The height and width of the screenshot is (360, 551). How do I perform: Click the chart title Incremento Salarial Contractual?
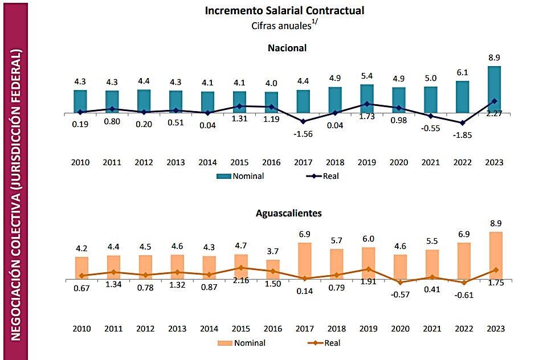(x=284, y=10)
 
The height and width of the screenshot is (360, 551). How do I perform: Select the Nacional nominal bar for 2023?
(x=494, y=89)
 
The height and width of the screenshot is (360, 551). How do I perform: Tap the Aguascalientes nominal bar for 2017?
(x=305, y=261)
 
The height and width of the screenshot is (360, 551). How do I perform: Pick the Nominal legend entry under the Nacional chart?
(x=240, y=176)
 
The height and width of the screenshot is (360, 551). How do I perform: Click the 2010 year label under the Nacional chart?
(x=80, y=162)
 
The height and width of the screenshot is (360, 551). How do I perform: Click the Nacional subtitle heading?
(x=287, y=48)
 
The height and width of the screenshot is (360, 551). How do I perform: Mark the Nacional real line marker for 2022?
(x=462, y=122)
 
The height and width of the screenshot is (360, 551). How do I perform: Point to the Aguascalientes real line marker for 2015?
(x=241, y=268)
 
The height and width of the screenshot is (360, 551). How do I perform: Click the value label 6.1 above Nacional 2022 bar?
(x=462, y=72)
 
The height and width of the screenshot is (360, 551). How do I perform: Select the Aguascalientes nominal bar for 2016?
(x=273, y=270)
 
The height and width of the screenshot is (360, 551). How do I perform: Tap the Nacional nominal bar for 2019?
(x=367, y=99)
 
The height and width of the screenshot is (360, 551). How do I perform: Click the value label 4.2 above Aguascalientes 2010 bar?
(x=81, y=248)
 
